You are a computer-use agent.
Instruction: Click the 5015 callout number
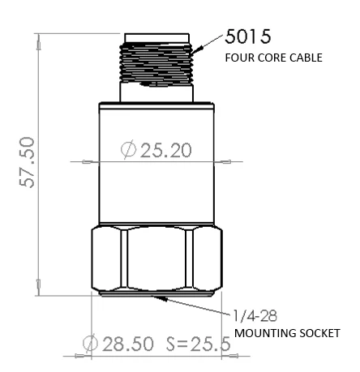tap(248, 37)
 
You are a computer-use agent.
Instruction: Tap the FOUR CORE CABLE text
tap(272, 58)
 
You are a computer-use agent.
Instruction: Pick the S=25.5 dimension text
tap(198, 344)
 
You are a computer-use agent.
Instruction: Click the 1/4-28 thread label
tap(251, 316)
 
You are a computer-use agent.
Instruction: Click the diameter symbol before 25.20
tap(127, 151)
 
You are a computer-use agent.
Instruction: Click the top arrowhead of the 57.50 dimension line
tap(38, 37)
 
